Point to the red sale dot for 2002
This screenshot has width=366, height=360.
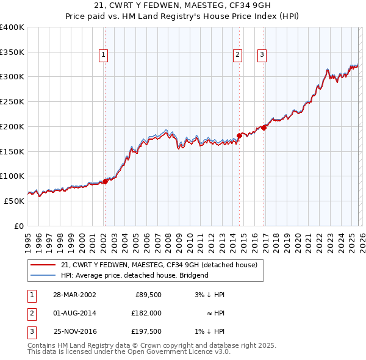click(x=105, y=181)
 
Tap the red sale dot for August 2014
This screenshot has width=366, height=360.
click(x=239, y=135)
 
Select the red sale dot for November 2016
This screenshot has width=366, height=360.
click(x=264, y=128)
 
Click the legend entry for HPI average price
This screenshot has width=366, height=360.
click(x=134, y=275)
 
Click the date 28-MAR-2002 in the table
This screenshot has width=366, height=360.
click(x=74, y=295)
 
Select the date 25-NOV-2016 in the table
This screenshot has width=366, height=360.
click(x=74, y=331)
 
